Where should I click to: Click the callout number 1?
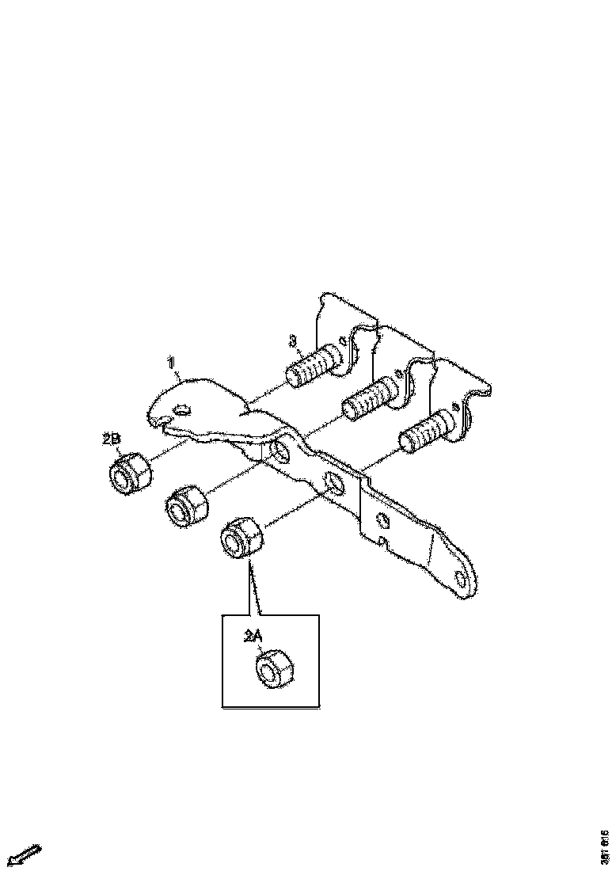point(170,363)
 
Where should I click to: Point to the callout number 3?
point(293,341)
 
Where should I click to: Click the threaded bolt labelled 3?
point(314,365)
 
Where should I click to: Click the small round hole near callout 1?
point(181,409)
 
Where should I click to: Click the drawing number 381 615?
point(605,847)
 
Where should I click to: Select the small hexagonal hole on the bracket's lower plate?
point(382,520)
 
